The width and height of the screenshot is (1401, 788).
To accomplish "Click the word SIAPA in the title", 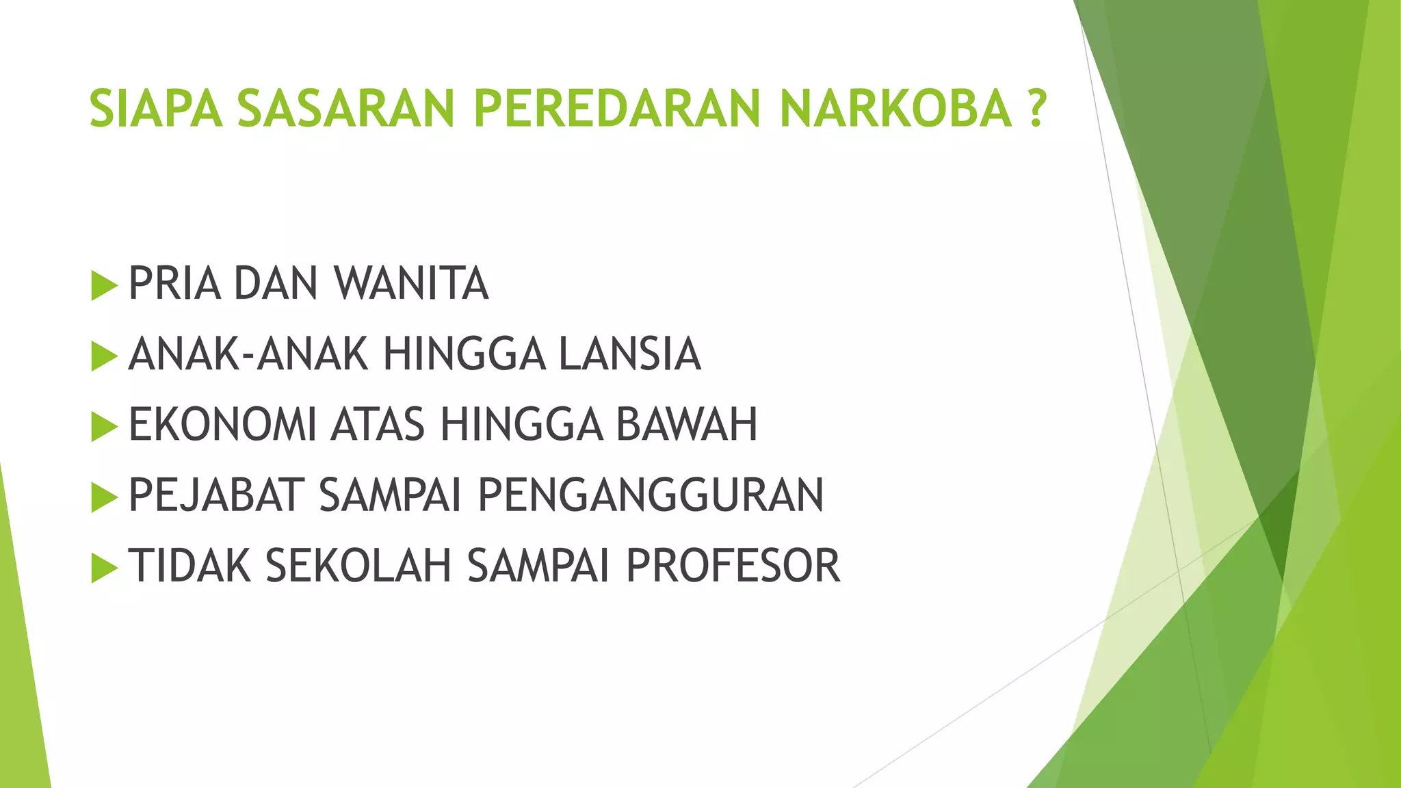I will tap(156, 109).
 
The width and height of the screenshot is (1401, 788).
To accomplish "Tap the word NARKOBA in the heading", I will tap(895, 109).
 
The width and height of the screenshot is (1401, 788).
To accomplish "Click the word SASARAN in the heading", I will tap(346, 109).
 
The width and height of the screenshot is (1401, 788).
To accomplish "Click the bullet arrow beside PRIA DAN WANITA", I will tap(103, 285).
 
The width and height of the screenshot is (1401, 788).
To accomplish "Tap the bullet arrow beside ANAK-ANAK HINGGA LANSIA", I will tap(103, 356).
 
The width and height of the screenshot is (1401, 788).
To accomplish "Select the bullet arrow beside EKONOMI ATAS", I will tap(103, 426).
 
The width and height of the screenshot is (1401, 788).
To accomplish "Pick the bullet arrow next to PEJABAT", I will tap(103, 497).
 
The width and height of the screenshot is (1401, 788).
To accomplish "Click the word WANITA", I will tap(411, 283).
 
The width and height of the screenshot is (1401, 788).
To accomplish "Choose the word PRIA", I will tap(174, 283).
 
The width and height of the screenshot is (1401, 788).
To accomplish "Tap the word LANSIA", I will tap(629, 354).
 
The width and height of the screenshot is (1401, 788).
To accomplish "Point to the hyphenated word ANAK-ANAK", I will tap(248, 354).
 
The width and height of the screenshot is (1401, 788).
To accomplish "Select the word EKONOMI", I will tap(222, 425).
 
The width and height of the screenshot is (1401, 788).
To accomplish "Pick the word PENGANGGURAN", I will tap(651, 495).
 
